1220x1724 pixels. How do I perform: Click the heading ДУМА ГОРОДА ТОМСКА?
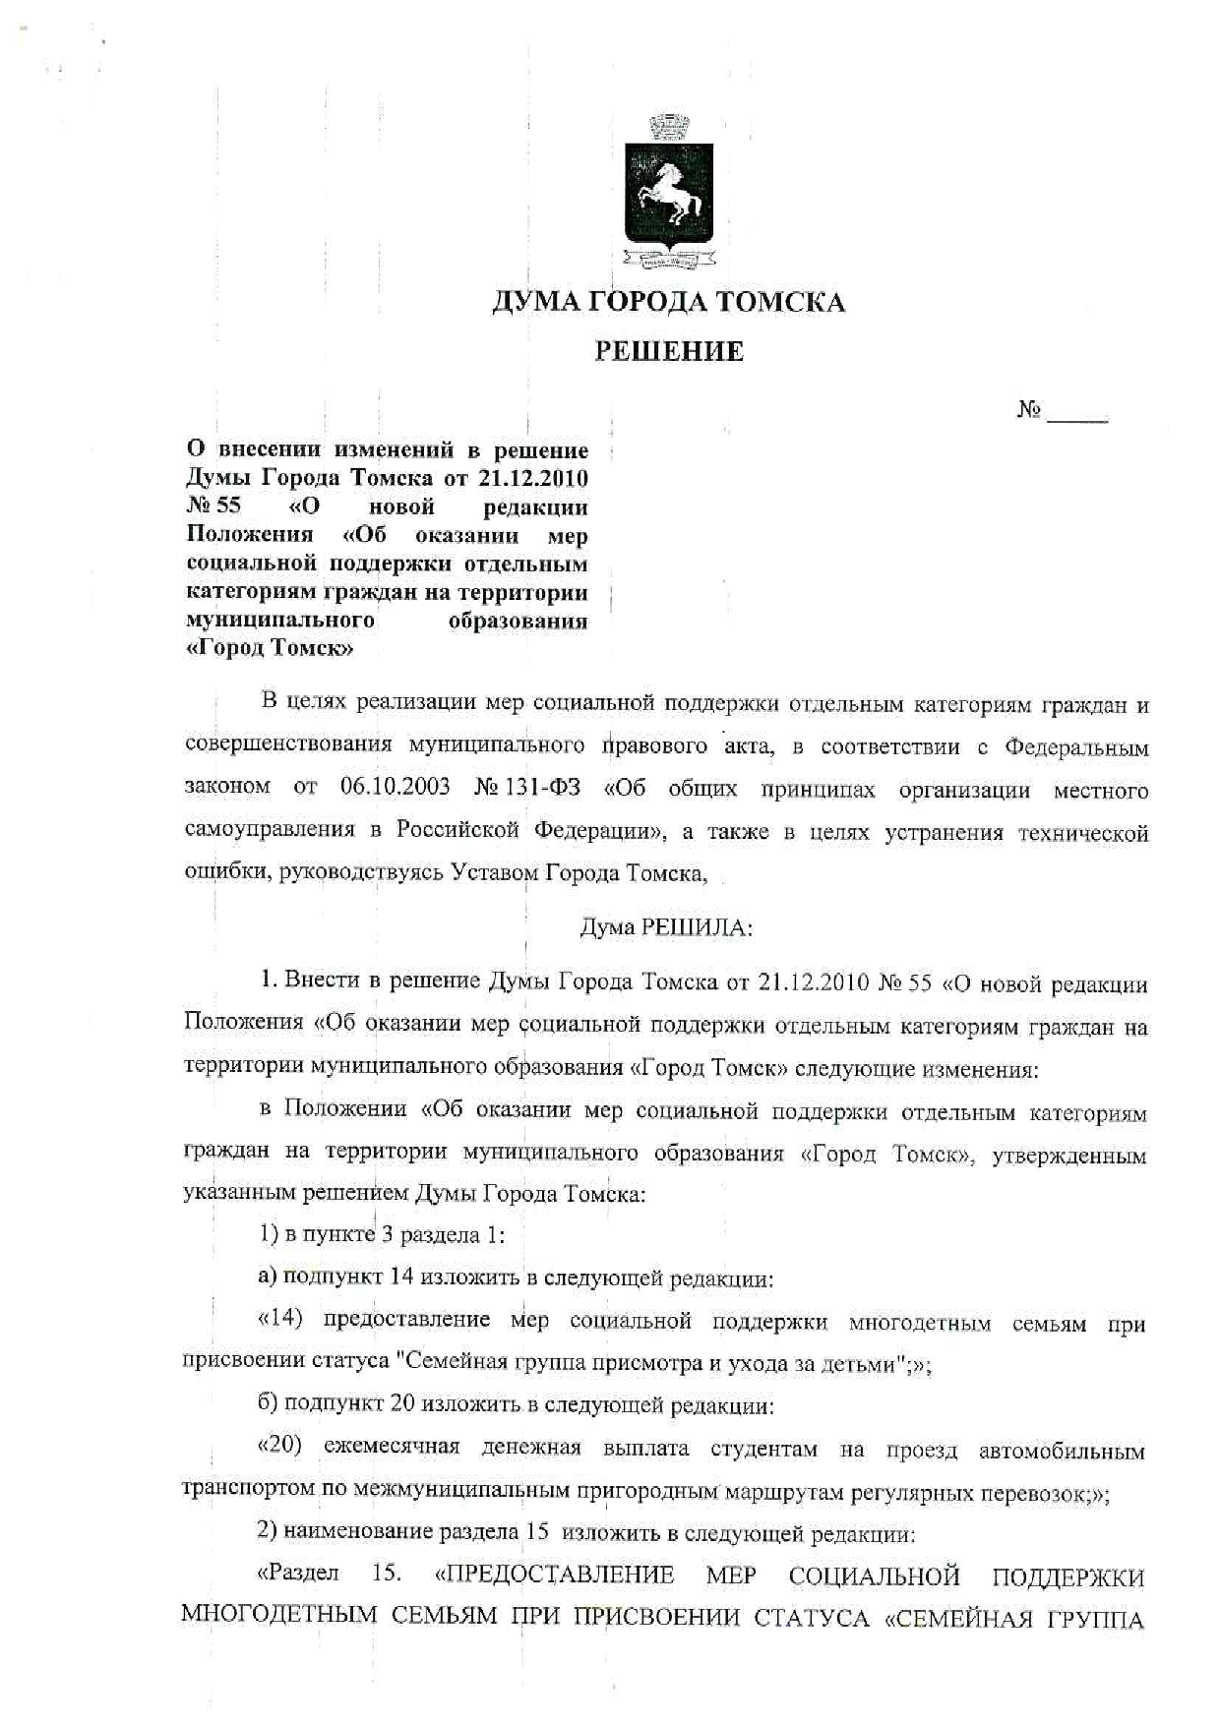pos(669,302)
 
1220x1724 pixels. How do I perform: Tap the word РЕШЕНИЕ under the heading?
pos(669,351)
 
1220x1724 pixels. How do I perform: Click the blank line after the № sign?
pos(1078,413)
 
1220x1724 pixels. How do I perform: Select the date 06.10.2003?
pos(396,788)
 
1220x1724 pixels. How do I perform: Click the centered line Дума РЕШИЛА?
pos(666,926)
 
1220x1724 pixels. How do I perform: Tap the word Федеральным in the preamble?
pos(1076,747)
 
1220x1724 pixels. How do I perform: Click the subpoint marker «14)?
pos(279,1319)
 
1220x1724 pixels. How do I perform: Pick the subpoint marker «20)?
pos(279,1448)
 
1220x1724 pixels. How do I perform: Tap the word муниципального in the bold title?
pos(280,621)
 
